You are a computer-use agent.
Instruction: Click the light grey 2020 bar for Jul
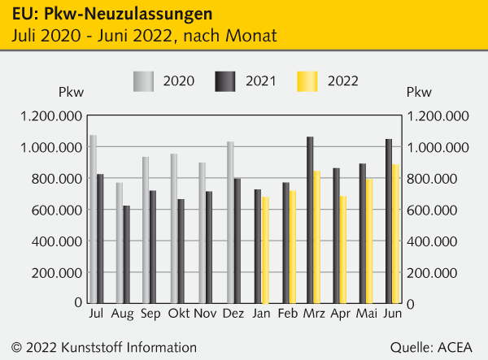pos(94,219)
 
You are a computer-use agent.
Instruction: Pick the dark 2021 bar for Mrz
pos(310,220)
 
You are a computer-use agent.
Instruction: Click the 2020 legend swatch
pos(142,81)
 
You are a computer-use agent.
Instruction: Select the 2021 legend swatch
pos(224,81)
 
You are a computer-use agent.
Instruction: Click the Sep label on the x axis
pos(150,314)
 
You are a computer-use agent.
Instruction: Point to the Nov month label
pos(206,314)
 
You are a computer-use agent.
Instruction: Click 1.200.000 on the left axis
pos(52,116)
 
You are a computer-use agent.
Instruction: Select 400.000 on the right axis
pos(439,241)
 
